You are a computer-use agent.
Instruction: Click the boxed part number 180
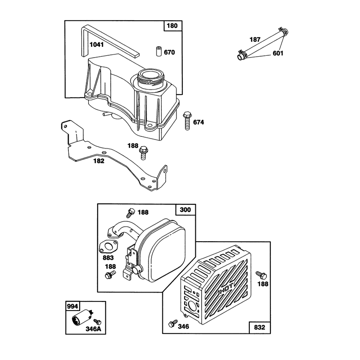172,26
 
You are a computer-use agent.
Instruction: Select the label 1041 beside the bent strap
96,45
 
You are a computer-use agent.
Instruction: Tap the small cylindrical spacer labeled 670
158,51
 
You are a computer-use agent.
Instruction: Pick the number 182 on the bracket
99,161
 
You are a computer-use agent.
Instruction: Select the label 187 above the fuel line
255,40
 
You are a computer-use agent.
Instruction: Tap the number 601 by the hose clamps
278,53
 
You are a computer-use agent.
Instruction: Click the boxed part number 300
185,210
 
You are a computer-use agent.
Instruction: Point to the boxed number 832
260,328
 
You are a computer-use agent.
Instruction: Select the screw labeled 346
173,323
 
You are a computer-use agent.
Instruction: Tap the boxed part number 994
72,306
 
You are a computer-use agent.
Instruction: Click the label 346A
93,329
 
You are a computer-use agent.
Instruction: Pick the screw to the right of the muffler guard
261,275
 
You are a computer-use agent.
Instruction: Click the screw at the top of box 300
130,212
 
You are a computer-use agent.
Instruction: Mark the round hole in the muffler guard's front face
192,306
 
